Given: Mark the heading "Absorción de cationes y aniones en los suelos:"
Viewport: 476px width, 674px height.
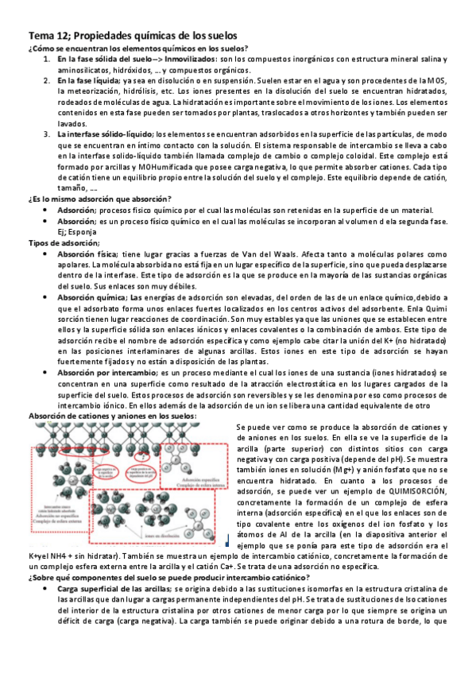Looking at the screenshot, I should pyautogui.click(x=112, y=415).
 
